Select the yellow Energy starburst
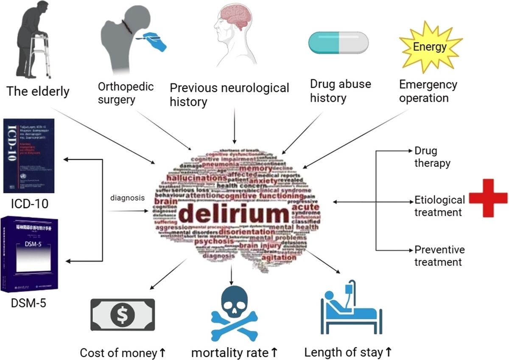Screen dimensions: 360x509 coord(429,47)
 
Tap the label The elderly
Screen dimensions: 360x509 coord(38,91)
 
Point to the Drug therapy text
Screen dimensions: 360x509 coord(432,157)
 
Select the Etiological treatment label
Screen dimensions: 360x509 coord(439,205)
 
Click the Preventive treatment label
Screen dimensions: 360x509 coord(439,256)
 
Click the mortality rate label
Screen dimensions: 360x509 coord(235,352)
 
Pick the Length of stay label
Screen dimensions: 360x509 coord(348,352)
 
